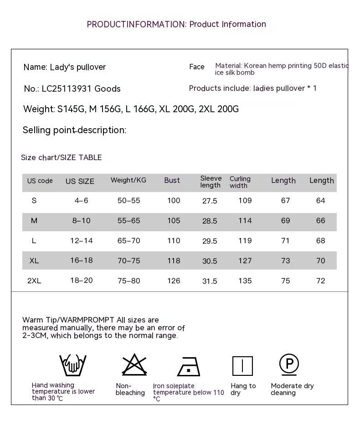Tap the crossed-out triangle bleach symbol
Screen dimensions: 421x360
point(134,365)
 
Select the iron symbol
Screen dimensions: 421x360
point(189,367)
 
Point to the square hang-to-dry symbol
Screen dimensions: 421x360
point(242,366)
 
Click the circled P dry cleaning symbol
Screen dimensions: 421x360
point(289,364)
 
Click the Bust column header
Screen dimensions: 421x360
point(172,181)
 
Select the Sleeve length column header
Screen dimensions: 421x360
point(211,182)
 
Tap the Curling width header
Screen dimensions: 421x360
point(240,182)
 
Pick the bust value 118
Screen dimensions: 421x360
point(174,261)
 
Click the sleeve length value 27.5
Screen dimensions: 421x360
point(210,201)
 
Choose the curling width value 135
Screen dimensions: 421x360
point(245,281)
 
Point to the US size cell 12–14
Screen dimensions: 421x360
point(82,241)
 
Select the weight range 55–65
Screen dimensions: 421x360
point(129,221)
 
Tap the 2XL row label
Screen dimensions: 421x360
point(34,281)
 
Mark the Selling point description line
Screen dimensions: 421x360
point(74,130)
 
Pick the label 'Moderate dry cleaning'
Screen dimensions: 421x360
point(292,389)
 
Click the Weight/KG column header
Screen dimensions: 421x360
point(129,181)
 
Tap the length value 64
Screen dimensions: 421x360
point(321,201)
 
